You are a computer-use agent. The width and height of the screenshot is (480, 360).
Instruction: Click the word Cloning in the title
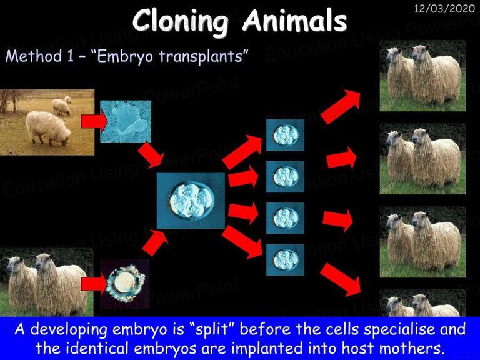coord(181,21)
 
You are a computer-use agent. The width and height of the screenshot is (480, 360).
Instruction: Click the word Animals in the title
coord(295,21)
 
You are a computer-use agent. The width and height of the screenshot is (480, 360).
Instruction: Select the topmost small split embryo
coord(285,134)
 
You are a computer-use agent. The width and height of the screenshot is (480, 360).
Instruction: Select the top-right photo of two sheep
coord(422,76)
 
